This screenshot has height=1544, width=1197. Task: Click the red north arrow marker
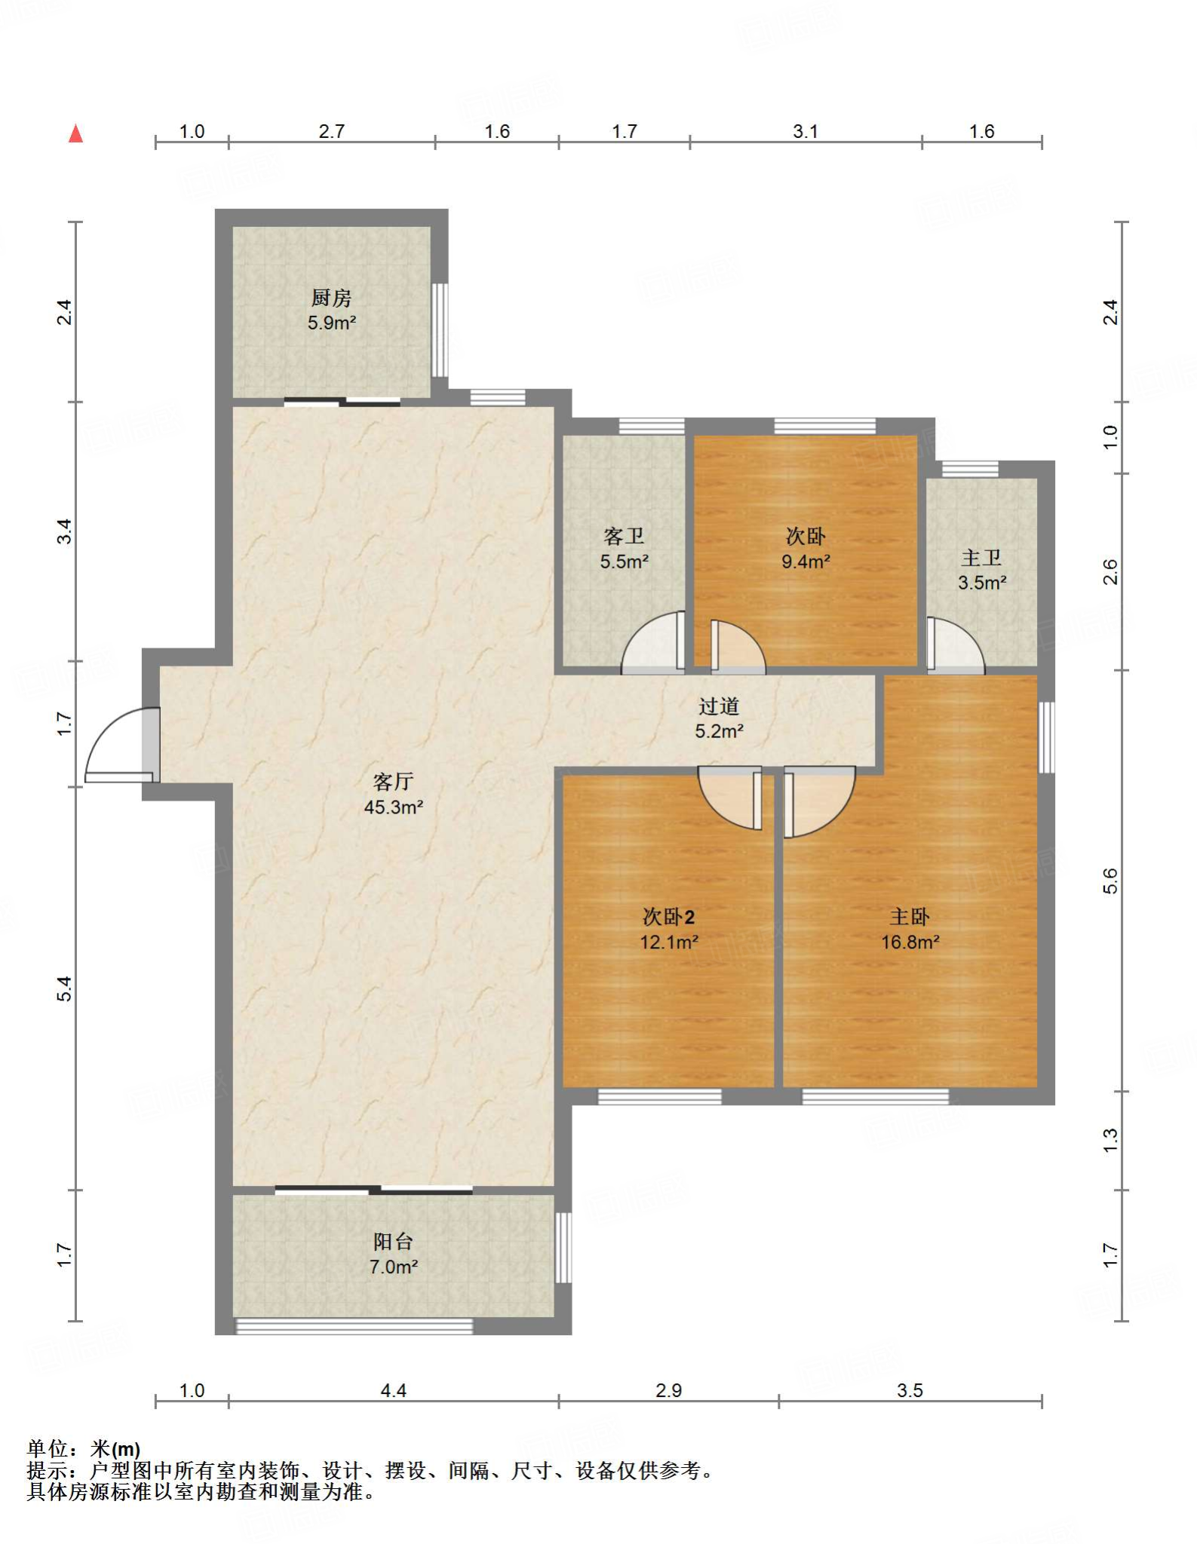coord(75,133)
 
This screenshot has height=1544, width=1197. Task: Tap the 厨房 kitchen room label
coord(331,298)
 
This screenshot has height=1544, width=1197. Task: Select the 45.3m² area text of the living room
coord(394,807)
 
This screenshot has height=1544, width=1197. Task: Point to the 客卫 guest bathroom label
coord(624,536)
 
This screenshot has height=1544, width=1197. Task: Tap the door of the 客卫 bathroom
coord(653,642)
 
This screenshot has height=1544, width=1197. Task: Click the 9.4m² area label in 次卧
coord(806,561)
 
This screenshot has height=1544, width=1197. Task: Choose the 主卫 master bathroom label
coord(981,558)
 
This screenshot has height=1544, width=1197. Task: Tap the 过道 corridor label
coord(719,706)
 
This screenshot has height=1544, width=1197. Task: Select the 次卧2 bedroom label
coord(668,917)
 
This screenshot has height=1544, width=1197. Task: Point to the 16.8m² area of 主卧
coord(910,942)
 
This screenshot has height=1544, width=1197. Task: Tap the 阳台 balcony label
coord(393,1241)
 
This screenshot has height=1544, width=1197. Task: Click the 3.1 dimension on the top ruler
coord(805,131)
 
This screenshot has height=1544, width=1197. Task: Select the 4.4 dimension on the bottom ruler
coord(393,1390)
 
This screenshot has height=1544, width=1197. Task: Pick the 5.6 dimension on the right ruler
coord(1110,881)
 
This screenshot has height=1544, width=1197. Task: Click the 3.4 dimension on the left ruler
coord(65,532)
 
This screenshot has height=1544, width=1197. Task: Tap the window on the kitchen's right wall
coord(440,330)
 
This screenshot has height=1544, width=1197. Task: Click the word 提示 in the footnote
coord(48,1471)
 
